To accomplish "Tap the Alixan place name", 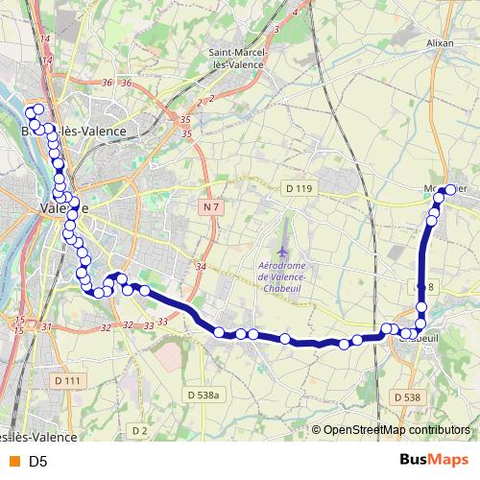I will pyautogui.click(x=440, y=42).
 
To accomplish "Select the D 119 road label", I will pyautogui.click(x=299, y=187).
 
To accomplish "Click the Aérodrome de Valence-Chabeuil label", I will pyautogui.click(x=281, y=272).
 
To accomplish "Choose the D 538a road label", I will pyautogui.click(x=204, y=395).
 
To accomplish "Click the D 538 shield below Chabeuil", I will pyautogui.click(x=406, y=396).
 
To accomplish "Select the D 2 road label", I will pyautogui.click(x=140, y=429).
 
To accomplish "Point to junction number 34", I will pyautogui.click(x=201, y=266).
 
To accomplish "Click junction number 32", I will pyautogui.click(x=105, y=327).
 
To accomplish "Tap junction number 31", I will pyautogui.click(x=46, y=326).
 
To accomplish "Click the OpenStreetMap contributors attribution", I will pyautogui.click(x=396, y=430).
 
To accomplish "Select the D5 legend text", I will pyautogui.click(x=38, y=462).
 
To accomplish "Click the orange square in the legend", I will pyautogui.click(x=13, y=462).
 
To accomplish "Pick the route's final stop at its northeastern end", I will pyautogui.click(x=448, y=191).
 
